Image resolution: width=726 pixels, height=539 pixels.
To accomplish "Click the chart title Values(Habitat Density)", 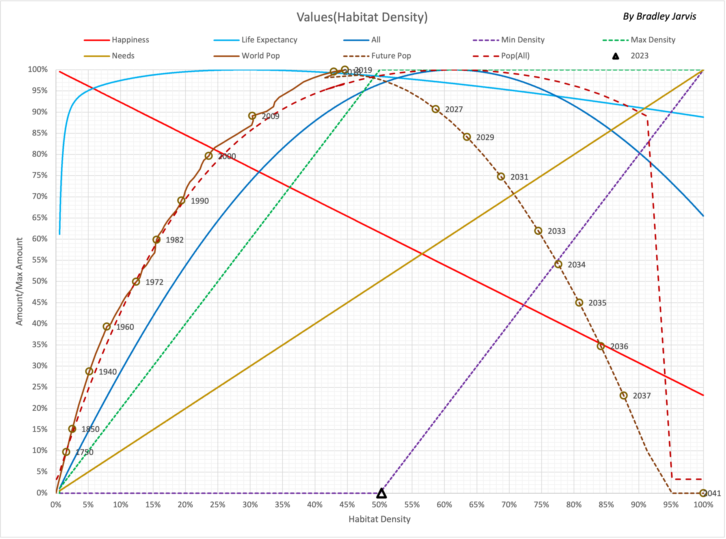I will pos(362,17).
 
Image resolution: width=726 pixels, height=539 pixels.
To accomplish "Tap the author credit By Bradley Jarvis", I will pos(659,16).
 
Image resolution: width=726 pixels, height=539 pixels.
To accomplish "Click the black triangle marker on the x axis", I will pos(381,493).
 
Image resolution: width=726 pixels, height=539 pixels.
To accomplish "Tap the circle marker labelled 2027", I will pos(435,109).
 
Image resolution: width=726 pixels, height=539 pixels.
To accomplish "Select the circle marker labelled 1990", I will pos(181,200).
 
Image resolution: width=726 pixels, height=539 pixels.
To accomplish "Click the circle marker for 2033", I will pos(538,231).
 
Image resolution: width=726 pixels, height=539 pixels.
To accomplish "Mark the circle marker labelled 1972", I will pos(136,282).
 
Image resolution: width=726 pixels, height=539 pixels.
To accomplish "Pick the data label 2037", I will pos(642,396).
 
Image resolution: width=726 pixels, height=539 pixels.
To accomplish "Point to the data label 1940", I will pos(107,372).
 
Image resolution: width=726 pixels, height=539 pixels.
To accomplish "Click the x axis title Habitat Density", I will pos(379,519).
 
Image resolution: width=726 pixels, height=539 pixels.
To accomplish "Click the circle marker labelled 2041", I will pos(703,493).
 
